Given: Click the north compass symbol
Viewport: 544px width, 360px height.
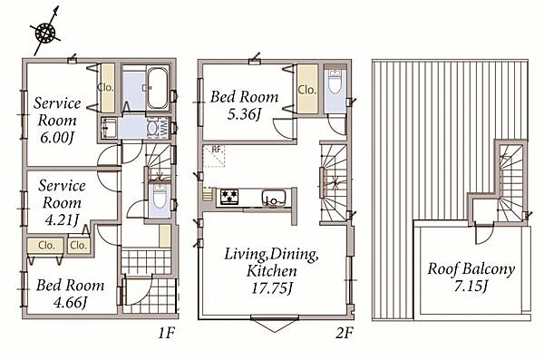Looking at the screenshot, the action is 45,33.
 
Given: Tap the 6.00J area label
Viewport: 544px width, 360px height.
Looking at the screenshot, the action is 57,138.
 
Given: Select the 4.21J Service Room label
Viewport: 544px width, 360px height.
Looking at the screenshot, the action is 62,219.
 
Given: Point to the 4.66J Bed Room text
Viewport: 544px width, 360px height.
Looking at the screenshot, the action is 71,302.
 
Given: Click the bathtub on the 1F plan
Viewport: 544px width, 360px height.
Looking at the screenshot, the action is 158,88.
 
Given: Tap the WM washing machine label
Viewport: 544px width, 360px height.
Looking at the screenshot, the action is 163,128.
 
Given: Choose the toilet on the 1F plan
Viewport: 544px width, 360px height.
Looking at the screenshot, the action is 160,197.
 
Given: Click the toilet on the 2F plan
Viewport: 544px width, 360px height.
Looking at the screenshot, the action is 335,82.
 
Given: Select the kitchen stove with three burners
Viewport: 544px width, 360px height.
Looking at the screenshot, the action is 229,197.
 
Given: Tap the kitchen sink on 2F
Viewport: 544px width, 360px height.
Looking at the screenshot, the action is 274,198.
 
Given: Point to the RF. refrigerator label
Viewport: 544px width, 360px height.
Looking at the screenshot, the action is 217,150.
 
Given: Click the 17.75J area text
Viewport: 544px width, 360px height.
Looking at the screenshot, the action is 272,288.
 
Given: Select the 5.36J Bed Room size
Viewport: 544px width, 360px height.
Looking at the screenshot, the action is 244,114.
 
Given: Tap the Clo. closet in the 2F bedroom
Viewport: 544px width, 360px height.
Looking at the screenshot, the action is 307,90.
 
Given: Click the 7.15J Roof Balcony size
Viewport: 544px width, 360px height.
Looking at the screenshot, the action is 471,286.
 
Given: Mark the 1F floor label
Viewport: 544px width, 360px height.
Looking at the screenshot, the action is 166,334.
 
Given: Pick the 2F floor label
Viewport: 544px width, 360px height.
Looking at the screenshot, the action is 345,334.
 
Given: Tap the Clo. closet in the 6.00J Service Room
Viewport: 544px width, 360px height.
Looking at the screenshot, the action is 106,87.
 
